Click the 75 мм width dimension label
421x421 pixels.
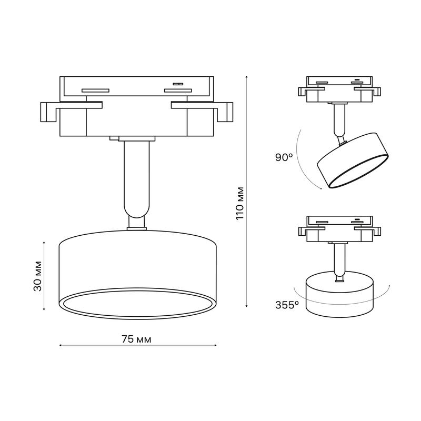coord(136,339)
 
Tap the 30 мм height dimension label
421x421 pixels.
coord(38,276)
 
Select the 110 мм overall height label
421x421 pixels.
coord(240,203)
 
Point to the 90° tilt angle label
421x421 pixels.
coord(284,157)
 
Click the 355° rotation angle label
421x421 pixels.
coord(287,305)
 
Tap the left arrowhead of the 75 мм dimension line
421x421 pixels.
coord(61,345)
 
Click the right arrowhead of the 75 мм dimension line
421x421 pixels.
coord(215,345)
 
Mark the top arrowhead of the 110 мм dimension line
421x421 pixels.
coord(246,77)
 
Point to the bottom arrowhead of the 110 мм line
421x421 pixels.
coord(246,305)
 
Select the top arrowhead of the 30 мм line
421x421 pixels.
coord(44,243)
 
